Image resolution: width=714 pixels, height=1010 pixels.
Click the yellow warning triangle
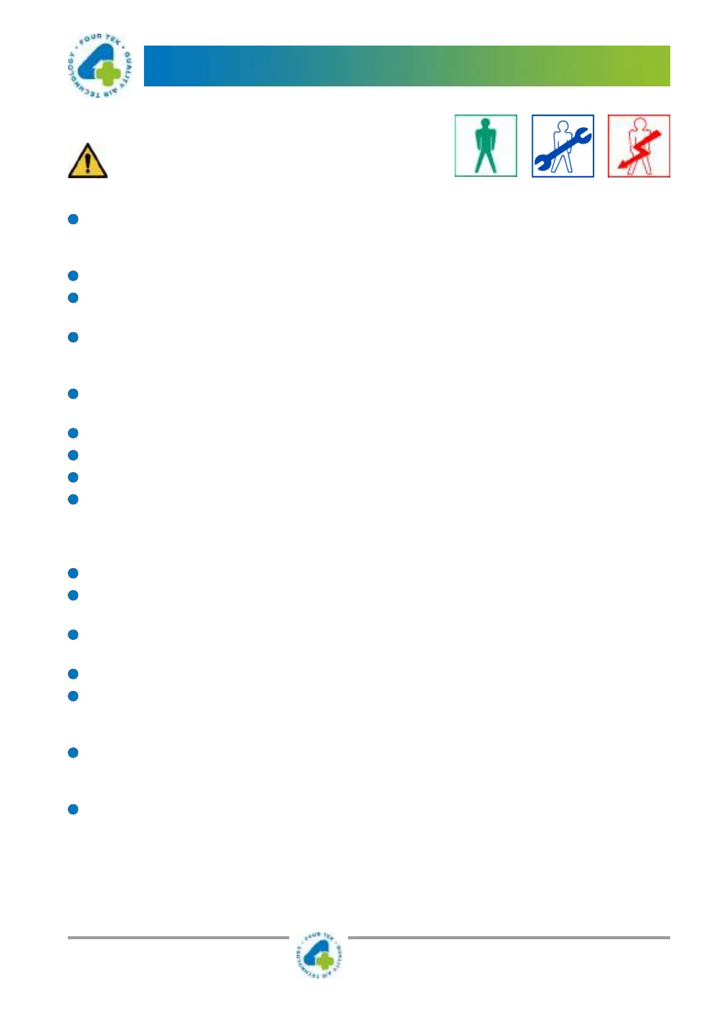(88, 162)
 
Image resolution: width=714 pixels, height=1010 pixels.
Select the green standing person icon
(485, 146)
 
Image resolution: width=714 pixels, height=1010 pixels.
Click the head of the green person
(485, 125)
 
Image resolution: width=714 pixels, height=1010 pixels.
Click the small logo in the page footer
(319, 955)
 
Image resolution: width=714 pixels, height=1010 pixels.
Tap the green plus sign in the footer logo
(325, 961)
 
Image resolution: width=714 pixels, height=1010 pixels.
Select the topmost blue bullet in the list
(73, 220)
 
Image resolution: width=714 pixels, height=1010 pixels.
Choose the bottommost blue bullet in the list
(73, 810)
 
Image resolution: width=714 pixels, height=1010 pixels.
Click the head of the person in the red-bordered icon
(640, 124)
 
